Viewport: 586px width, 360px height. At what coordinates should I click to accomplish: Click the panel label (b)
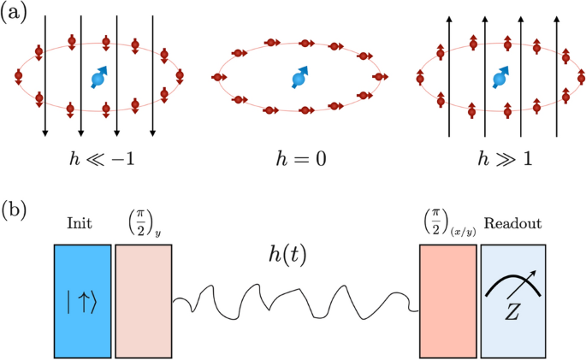(17, 210)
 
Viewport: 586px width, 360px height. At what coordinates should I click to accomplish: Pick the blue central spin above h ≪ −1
(98, 80)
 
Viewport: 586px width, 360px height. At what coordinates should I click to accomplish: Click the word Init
(80, 225)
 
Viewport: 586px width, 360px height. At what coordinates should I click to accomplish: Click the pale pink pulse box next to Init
(144, 300)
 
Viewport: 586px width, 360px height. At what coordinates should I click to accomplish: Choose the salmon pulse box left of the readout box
(447, 300)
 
